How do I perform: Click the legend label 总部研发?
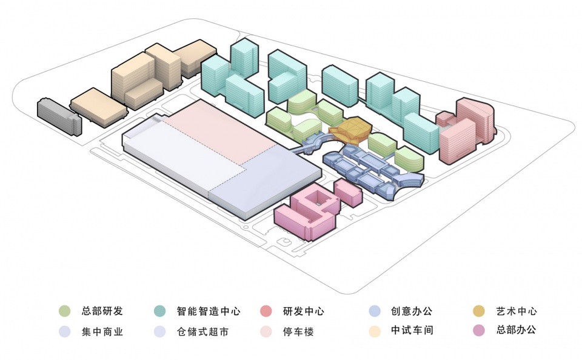click(102, 312)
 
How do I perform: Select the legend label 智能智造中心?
click(209, 312)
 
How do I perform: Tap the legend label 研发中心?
click(303, 312)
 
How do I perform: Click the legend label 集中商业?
click(102, 332)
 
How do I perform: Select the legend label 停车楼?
click(298, 332)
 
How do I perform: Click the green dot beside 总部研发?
click(65, 312)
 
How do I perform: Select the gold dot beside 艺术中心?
click(479, 312)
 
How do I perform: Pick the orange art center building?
click(350, 128)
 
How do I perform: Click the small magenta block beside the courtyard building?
click(348, 193)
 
